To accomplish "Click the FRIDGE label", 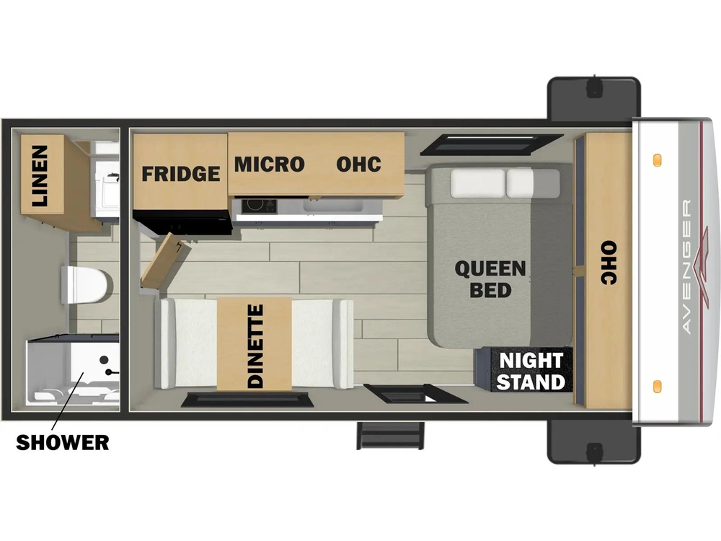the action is tap(181, 174).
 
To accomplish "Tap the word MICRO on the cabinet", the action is tap(270, 164).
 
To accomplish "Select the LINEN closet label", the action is tap(40, 175).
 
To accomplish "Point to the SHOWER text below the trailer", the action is tap(63, 443).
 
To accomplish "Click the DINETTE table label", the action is tap(255, 346).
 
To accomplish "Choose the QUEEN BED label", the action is tap(490, 279).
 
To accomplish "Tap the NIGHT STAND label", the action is tap(531, 371).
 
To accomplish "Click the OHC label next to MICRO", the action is tap(358, 164).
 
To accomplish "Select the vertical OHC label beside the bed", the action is tap(609, 263).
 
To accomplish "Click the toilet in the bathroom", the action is tap(87, 285).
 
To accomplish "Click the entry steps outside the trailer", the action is tap(390, 435).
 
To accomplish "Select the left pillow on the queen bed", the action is tap(477, 183).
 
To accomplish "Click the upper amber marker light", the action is tap(657, 161).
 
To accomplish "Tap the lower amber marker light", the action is tap(657, 387).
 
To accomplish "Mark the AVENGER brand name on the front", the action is tap(686, 267).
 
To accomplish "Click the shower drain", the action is tap(104, 359).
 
